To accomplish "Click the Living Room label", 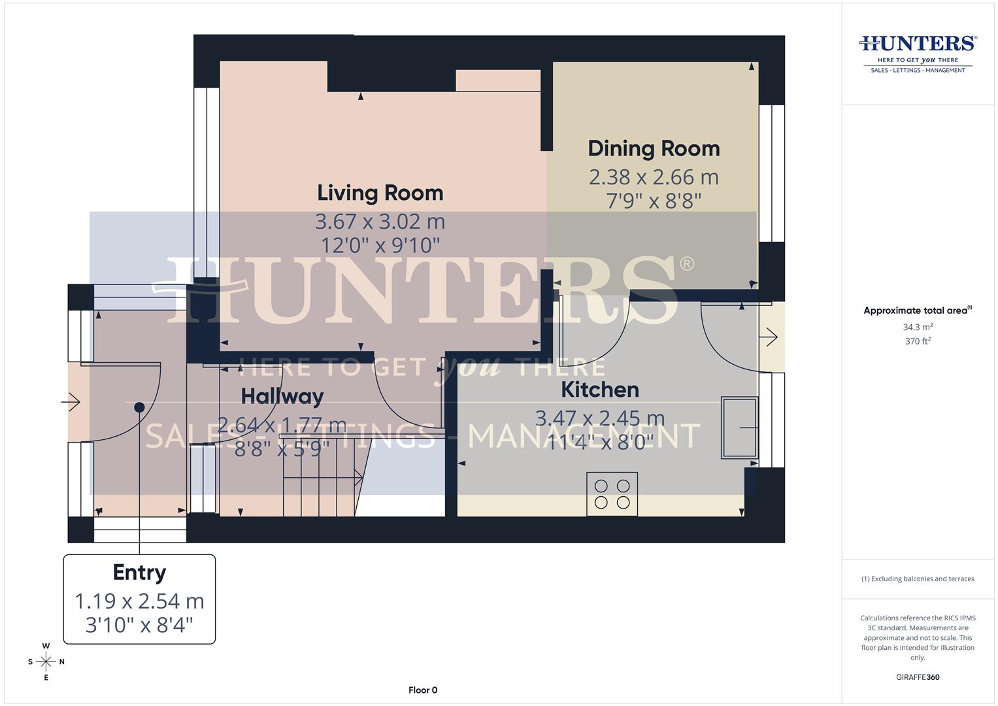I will [380, 193].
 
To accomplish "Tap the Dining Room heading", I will [654, 148].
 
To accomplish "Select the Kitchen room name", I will [600, 390].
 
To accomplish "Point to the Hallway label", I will [282, 396].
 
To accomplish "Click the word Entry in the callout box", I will [139, 572].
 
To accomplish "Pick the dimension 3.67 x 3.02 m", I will [380, 222].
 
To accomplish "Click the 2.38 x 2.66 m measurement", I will [654, 177].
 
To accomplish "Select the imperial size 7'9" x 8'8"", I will [654, 200].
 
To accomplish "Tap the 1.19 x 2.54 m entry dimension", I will [139, 601].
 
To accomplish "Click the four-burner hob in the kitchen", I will [612, 494].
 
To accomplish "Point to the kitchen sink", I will [739, 428].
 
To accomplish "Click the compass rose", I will [46, 662].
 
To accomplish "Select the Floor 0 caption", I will [422, 690].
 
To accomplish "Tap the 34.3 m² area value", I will [918, 327].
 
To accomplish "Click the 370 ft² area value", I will [918, 341].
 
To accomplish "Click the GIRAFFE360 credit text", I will [918, 677].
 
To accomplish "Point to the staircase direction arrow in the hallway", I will [357, 480].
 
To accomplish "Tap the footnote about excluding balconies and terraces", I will [918, 579].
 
